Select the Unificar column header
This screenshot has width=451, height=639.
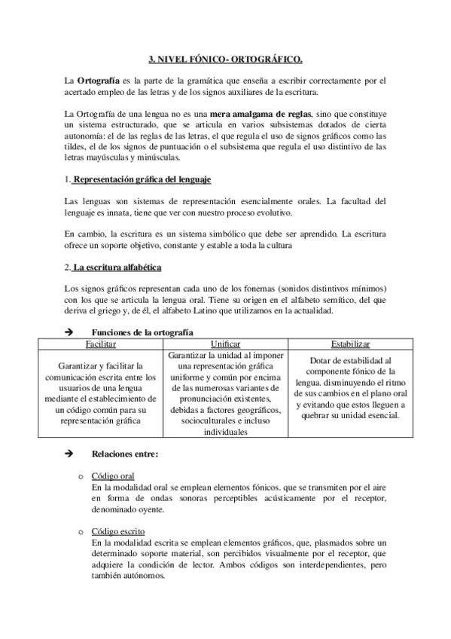[x=225, y=343]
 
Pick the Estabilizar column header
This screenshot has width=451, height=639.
[x=342, y=343]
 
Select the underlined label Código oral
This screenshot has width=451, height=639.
[x=113, y=477]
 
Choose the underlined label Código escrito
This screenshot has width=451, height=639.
[x=117, y=531]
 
